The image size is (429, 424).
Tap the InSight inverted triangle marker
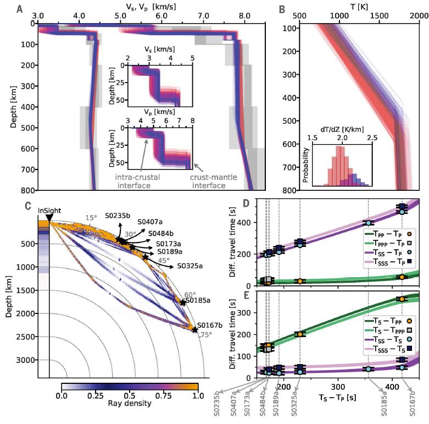[49, 219]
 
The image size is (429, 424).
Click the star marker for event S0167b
[195, 329]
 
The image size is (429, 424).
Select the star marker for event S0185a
[182, 302]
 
